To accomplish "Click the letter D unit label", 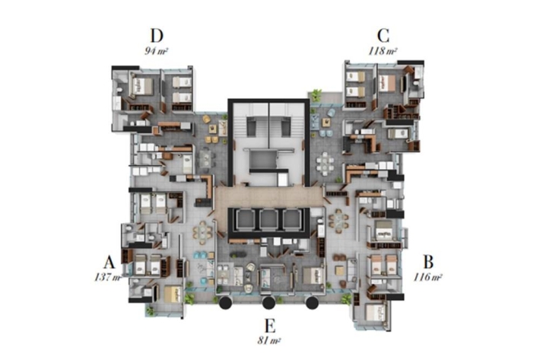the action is (x=157, y=36).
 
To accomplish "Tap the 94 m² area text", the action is (x=156, y=51).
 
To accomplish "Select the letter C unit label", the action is (x=383, y=36).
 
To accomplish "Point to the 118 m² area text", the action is (x=383, y=51).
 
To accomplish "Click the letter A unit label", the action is (x=109, y=262).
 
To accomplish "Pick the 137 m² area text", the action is (x=108, y=277).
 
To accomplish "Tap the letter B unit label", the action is (x=428, y=262).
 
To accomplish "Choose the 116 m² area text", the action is (x=427, y=277).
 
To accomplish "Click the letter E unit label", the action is (x=270, y=326).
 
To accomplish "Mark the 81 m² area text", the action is (x=269, y=341).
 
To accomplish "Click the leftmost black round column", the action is (x=225, y=302).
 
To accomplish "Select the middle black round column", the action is (x=268, y=302).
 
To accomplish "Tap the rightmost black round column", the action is (x=312, y=302).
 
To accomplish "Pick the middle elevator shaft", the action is (x=268, y=219).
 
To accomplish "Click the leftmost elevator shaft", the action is (x=245, y=219).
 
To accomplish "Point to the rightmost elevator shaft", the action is (x=292, y=219).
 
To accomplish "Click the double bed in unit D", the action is (x=141, y=86).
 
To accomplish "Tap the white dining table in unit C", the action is (x=326, y=162).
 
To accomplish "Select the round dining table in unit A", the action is (x=202, y=232).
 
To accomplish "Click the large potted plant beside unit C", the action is (x=316, y=94).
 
